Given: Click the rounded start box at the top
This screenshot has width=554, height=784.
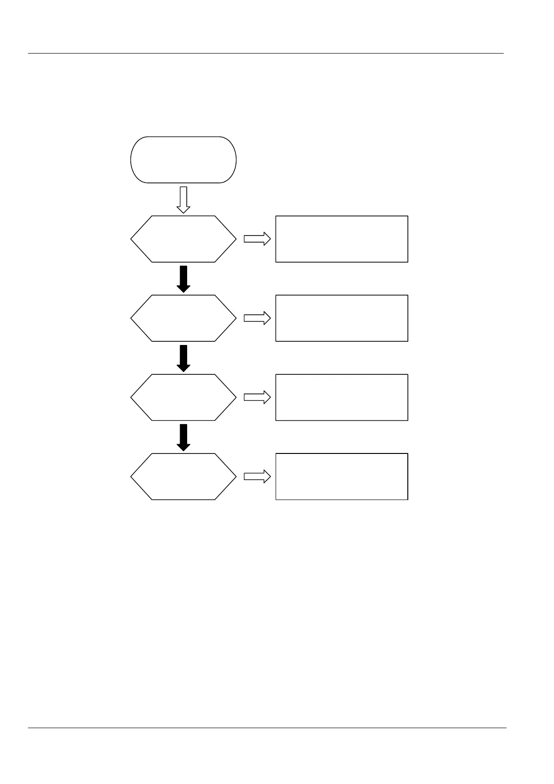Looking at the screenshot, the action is tap(183, 160).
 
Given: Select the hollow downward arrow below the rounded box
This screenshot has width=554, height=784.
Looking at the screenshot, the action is tap(183, 200).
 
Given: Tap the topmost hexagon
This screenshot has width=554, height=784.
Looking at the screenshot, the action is tap(183, 239).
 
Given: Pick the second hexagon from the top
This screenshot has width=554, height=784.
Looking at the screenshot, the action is tap(183, 318).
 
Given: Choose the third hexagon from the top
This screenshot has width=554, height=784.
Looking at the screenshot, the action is tap(183, 397).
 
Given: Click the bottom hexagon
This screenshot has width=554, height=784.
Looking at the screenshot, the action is tap(183, 476).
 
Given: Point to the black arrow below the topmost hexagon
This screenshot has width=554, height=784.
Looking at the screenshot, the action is tap(183, 279).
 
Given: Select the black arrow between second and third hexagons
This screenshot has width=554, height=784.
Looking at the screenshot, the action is tap(183, 358).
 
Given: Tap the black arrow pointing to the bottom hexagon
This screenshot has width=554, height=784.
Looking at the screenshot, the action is tap(183, 437).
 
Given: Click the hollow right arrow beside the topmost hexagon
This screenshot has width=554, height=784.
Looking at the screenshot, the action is tap(257, 239).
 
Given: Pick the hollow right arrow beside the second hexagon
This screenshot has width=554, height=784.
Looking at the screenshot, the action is tap(257, 318).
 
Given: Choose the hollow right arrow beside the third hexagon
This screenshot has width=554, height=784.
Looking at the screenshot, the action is tap(257, 397).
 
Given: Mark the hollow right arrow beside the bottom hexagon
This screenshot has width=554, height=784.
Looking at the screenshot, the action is tap(257, 476).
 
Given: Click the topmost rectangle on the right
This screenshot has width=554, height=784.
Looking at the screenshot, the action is tap(342, 239).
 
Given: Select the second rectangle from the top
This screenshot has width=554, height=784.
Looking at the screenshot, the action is tap(342, 318).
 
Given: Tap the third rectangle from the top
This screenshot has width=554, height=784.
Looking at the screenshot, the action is tap(342, 397).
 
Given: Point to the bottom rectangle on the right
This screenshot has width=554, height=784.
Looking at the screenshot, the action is tap(342, 476).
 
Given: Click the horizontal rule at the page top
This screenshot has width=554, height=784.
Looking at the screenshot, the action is tap(265, 54).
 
